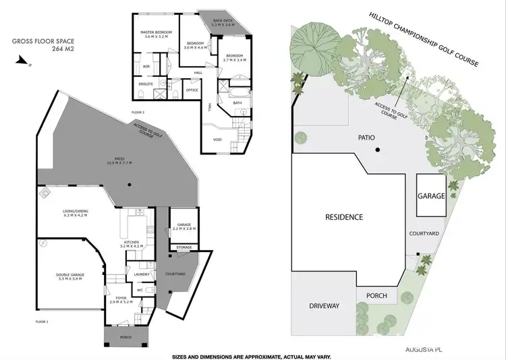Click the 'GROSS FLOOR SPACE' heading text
point(35,41)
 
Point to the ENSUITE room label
point(146,84)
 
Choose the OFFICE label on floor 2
point(192,89)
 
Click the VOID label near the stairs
point(217,140)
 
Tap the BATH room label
point(237,102)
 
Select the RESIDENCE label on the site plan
point(344,217)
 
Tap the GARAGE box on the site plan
point(430,196)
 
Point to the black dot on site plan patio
point(378,150)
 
